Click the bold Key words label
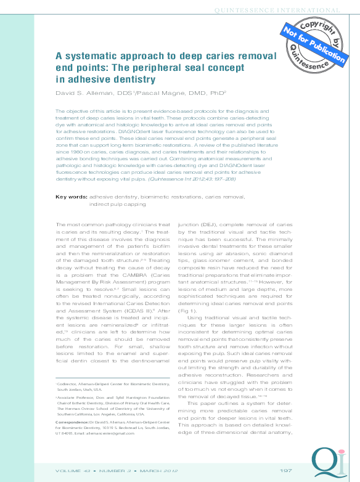coord(71,197)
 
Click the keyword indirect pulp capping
coord(120,204)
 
